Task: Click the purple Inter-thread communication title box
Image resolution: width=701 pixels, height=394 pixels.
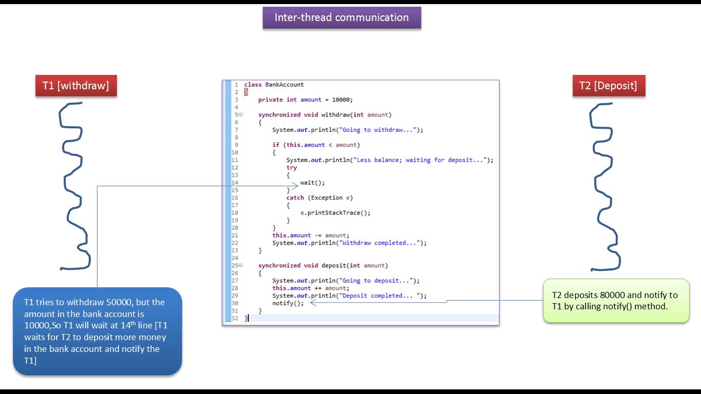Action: [x=342, y=17]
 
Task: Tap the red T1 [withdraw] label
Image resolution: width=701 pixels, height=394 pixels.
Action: [x=76, y=86]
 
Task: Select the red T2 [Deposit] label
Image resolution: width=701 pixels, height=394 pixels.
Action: [x=608, y=86]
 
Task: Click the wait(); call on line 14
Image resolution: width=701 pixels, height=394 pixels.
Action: [x=313, y=183]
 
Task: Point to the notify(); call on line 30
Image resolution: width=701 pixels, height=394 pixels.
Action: [x=288, y=303]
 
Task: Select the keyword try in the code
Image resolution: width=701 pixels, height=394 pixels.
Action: [x=291, y=168]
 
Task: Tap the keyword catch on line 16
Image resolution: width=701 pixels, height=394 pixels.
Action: [x=295, y=198]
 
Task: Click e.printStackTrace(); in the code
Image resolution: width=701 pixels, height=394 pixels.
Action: [x=335, y=213]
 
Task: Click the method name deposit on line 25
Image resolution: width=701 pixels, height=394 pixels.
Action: [x=334, y=266]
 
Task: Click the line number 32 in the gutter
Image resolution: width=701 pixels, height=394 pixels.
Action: [x=235, y=319]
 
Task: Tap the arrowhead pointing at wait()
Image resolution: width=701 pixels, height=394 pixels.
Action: [x=295, y=186]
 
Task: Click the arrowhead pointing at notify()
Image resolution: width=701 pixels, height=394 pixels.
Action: [x=314, y=303]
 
